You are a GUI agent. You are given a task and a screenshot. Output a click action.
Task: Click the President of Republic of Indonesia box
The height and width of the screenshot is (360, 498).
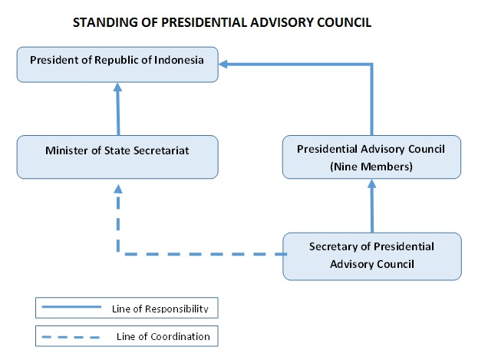pos(117,64)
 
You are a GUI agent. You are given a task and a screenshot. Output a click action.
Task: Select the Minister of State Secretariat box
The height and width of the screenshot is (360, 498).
pos(117,157)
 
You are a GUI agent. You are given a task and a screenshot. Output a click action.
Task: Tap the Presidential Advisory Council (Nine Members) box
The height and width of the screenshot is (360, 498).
pos(371,157)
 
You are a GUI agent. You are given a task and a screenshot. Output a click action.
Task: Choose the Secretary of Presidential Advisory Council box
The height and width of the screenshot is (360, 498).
pos(372,256)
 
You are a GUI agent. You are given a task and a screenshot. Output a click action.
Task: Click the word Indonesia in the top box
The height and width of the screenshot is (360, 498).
pos(179,60)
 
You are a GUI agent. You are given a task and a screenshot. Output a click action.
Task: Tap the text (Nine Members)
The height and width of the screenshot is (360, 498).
pos(371,167)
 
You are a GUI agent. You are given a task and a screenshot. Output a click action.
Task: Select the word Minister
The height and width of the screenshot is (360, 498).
pos(67,150)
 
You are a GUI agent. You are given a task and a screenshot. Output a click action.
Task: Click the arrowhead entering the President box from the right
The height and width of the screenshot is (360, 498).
pos(223,64)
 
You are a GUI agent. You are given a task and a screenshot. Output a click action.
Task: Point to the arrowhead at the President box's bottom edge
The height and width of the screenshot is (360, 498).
pos(118,87)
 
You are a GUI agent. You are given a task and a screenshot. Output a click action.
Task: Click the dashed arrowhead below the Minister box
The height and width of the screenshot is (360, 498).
pos(118,189)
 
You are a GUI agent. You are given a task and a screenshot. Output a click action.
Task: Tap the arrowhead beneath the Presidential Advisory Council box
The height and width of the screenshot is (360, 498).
pos(372,183)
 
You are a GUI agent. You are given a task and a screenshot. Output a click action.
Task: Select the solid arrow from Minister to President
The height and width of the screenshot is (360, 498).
pos(118,109)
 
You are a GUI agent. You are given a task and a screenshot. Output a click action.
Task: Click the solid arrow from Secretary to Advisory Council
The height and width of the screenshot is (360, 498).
pos(372,206)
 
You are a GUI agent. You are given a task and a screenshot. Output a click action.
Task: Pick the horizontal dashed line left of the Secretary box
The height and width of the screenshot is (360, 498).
pos(206,254)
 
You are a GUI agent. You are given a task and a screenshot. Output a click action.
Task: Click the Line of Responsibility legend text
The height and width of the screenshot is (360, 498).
pos(160,309)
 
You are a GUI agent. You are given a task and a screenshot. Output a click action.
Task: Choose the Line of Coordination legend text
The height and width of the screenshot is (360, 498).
pos(163,336)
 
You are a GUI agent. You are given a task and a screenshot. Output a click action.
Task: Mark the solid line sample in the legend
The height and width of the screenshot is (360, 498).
pos(71,307)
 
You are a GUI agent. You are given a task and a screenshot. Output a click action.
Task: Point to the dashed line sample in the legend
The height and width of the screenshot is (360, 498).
pos(71,337)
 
